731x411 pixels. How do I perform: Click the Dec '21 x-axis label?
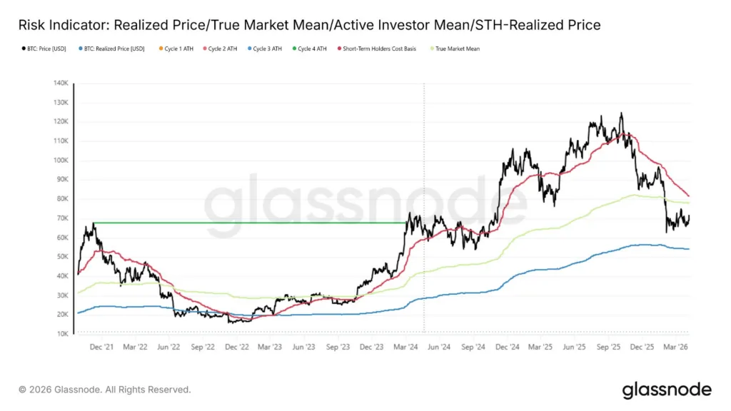click(100, 347)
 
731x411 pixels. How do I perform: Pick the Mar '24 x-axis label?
click(404, 347)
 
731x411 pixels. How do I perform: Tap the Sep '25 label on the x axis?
click(609, 347)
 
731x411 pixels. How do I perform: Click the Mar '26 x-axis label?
click(676, 347)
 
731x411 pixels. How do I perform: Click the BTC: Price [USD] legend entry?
click(44, 49)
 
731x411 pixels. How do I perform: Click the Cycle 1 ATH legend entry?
click(178, 49)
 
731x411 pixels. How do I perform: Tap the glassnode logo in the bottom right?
click(666, 390)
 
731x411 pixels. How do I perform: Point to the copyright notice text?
click(104, 390)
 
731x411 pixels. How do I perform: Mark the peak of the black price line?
click(621, 113)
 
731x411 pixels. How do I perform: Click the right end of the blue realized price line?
click(688, 249)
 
